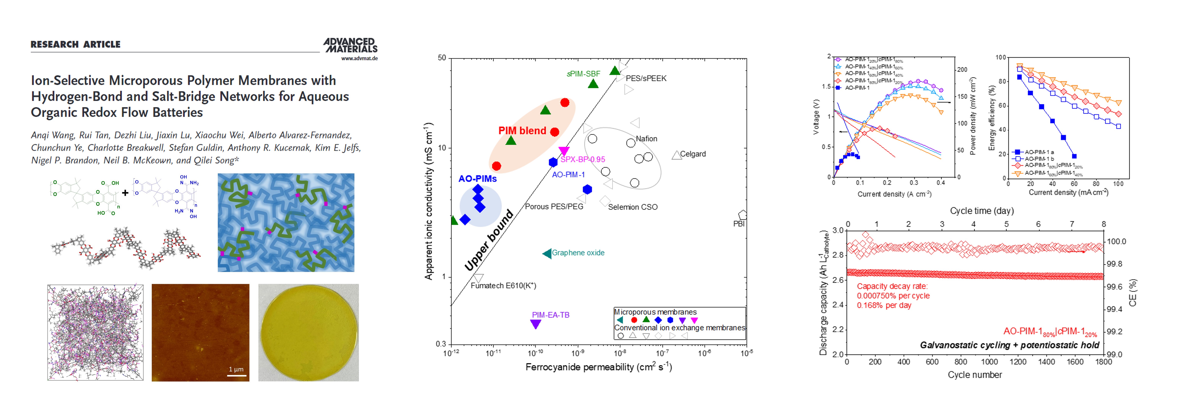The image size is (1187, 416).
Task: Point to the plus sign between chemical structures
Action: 125,193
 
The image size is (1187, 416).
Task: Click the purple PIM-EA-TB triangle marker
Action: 535,324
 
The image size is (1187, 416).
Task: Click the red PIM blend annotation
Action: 522,131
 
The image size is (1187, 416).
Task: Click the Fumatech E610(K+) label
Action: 503,286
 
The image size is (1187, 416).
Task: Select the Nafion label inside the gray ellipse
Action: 646,139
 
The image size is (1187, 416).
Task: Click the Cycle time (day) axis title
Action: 982,211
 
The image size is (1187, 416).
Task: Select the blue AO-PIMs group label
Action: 477,179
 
